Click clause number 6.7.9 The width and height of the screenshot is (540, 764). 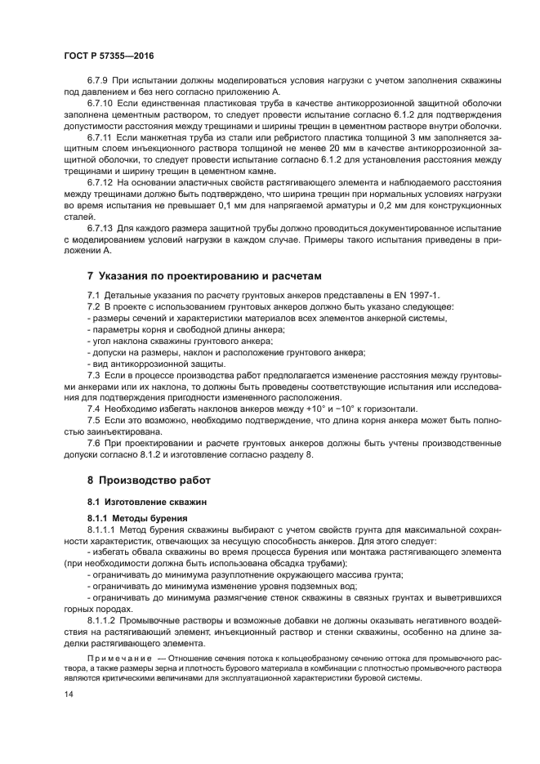100,82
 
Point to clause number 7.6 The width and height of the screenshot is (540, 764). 95,442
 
